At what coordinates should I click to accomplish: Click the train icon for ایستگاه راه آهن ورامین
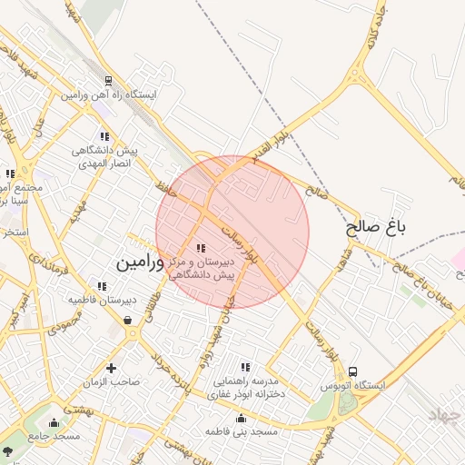tap(109, 81)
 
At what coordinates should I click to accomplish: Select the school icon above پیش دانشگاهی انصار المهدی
tap(105, 136)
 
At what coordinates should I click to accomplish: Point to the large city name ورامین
tap(140, 262)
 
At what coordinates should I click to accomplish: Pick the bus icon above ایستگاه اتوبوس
tap(352, 371)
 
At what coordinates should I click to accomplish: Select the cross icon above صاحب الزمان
tap(112, 369)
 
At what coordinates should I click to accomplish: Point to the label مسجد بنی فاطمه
tap(241, 430)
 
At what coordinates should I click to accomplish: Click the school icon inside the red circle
tap(201, 247)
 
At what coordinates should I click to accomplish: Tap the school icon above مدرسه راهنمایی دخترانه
tap(245, 366)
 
